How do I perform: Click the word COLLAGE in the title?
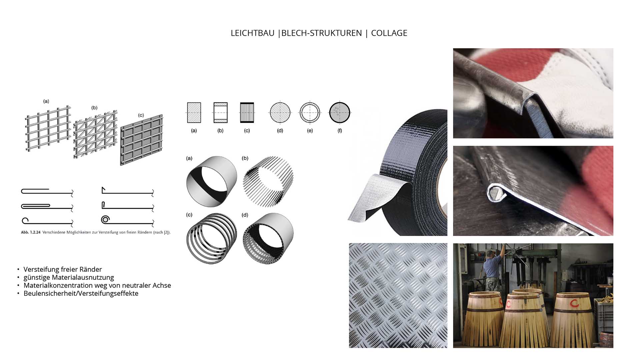point(389,33)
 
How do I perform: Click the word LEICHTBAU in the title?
point(252,33)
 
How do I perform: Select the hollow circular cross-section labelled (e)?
point(310,113)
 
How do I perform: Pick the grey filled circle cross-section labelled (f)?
point(340,113)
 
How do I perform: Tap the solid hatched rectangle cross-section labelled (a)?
point(194,113)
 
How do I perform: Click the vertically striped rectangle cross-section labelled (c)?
point(247,113)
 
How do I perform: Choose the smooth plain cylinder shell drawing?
point(211,181)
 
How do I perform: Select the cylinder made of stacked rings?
point(211,239)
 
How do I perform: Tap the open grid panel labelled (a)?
point(48,128)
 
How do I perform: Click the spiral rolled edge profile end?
point(105,220)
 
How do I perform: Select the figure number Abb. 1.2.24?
point(31,232)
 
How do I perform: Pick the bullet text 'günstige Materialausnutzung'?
point(69,277)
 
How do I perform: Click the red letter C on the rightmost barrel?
point(574,303)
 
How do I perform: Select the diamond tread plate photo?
point(398,295)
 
